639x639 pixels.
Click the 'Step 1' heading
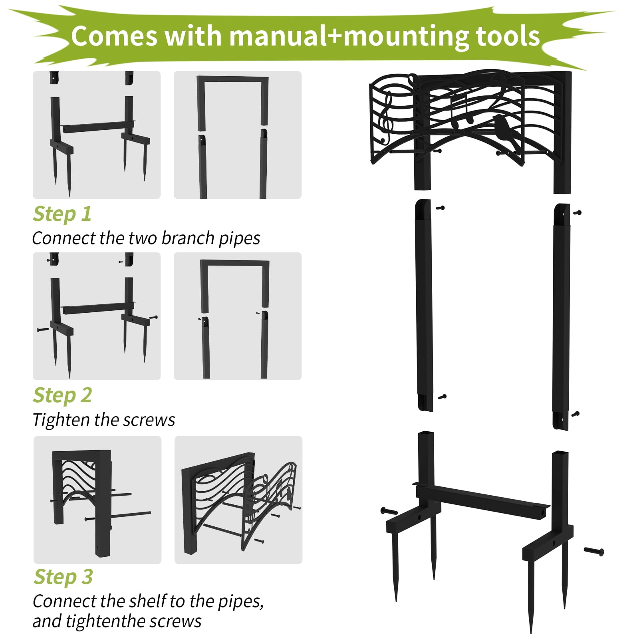click(x=62, y=214)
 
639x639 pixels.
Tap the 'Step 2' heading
click(x=62, y=395)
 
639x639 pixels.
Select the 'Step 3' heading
click(x=63, y=577)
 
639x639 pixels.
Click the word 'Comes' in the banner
click(x=114, y=36)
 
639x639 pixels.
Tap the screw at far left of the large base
click(x=389, y=511)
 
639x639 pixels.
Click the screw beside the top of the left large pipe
click(x=441, y=208)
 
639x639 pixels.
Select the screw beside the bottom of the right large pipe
click(x=575, y=414)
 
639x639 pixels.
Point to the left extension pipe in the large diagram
click(x=424, y=306)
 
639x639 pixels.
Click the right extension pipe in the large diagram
click(x=562, y=317)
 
